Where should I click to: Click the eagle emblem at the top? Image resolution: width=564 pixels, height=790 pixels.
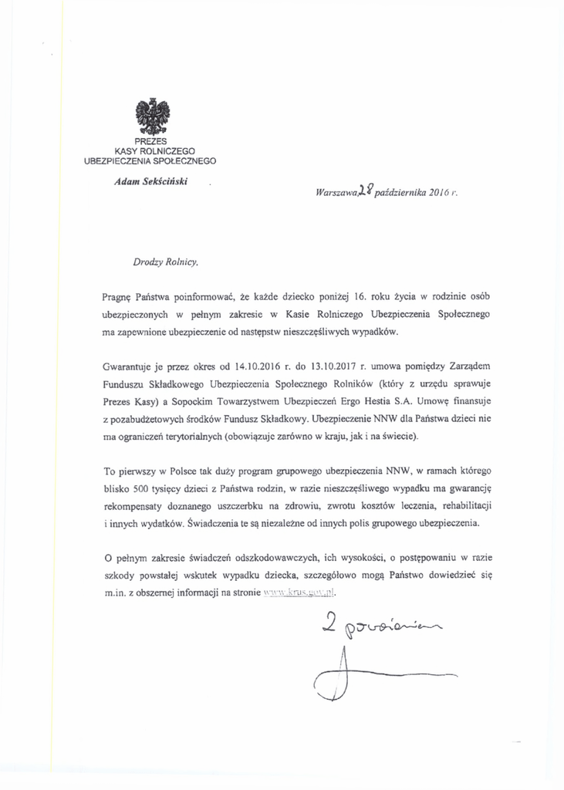(x=152, y=117)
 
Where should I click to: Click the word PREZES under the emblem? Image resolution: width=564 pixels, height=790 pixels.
(x=150, y=141)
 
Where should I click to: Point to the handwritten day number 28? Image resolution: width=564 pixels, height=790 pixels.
(x=366, y=190)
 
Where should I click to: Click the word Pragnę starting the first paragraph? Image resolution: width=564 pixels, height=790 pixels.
(x=117, y=296)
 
